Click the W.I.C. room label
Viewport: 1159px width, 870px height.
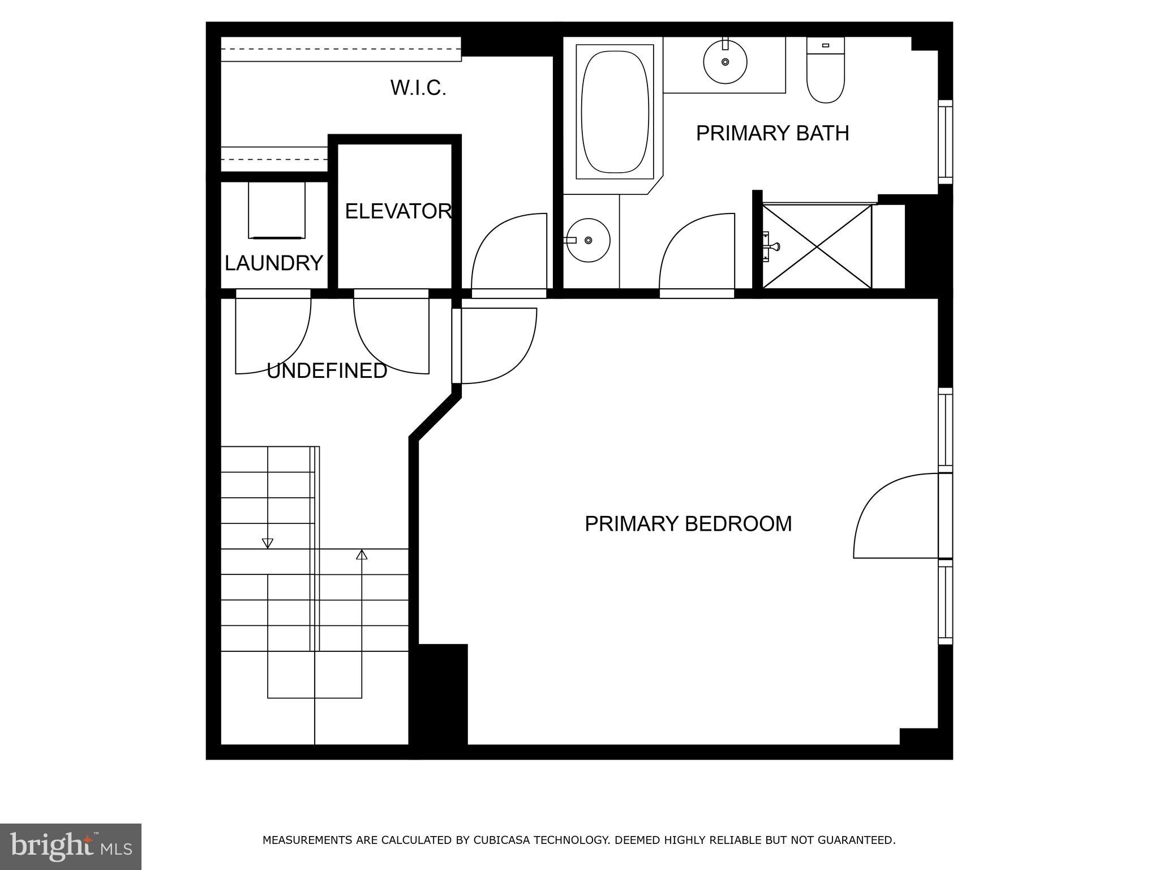pyautogui.click(x=418, y=88)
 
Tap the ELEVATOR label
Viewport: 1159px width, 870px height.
pyautogui.click(x=398, y=211)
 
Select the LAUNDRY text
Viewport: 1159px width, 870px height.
pyautogui.click(x=273, y=263)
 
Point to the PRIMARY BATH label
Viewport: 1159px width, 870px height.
pyautogui.click(x=772, y=134)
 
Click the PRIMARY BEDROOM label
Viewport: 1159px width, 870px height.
pyautogui.click(x=688, y=524)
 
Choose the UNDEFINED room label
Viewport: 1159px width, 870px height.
pyautogui.click(x=327, y=371)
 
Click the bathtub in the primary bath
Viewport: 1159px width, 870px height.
pyautogui.click(x=615, y=112)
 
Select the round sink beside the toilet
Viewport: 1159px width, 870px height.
pyautogui.click(x=725, y=61)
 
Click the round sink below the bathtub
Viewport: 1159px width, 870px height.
pyautogui.click(x=588, y=241)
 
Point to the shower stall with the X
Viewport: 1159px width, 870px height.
pyautogui.click(x=817, y=247)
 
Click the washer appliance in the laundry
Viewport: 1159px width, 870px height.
pyautogui.click(x=276, y=210)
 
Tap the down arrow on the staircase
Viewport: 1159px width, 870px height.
pyautogui.click(x=268, y=543)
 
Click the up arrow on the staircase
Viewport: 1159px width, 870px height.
pyautogui.click(x=362, y=555)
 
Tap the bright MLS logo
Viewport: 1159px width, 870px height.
pyautogui.click(x=70, y=846)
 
